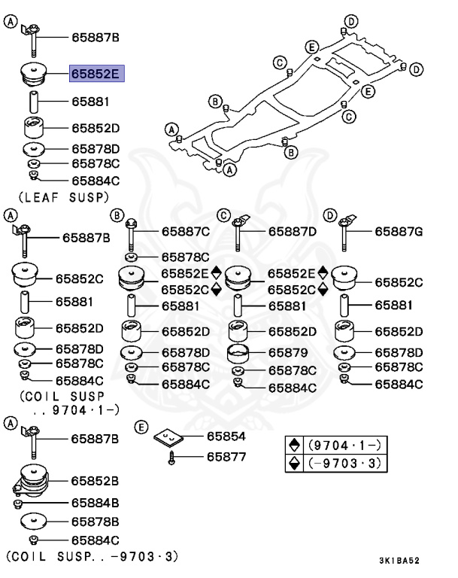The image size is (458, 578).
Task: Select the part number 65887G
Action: (399, 232)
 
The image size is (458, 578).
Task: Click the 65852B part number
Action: (95, 479)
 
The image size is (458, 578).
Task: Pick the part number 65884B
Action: (95, 501)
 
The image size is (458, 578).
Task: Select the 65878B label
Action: (95, 521)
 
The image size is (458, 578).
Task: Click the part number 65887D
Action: (293, 232)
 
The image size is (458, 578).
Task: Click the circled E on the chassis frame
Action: (367, 91)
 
